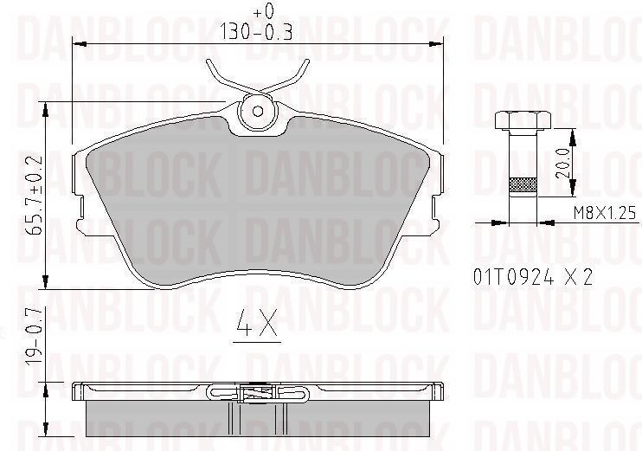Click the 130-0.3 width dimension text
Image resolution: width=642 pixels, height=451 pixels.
pos(256,31)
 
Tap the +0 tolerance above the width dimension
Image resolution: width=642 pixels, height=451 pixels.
pos(262,12)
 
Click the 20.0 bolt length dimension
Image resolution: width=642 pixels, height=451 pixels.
pos(564,163)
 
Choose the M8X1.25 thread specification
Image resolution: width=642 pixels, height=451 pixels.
pos(605,214)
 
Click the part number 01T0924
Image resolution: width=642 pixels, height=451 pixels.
pos(513,277)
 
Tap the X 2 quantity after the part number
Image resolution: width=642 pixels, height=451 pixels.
pos(578,278)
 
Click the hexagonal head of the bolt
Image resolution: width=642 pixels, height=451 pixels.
pos(523,119)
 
